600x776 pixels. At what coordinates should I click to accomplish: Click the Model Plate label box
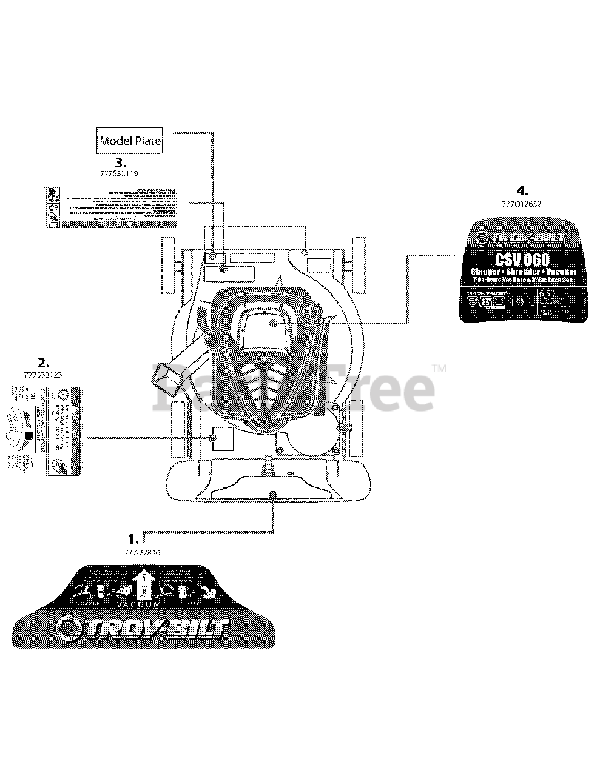pos(130,141)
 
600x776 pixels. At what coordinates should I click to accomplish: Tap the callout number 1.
pos(132,538)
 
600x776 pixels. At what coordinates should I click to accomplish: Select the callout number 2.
pos(42,363)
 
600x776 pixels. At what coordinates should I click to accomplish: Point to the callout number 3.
pos(121,162)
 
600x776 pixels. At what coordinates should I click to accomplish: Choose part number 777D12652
pos(522,204)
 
